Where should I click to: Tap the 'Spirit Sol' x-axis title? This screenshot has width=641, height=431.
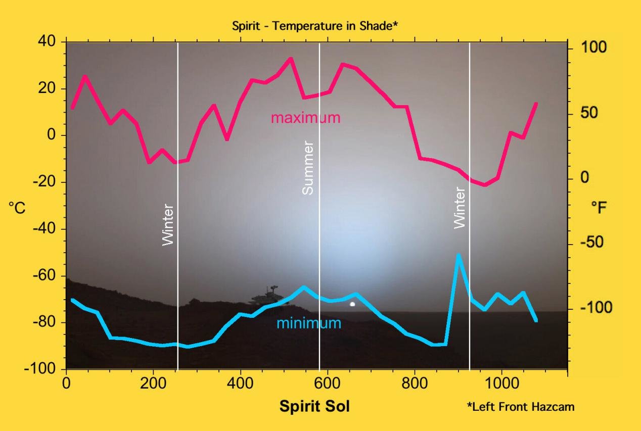pyautogui.click(x=314, y=405)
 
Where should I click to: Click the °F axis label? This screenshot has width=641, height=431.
pyautogui.click(x=599, y=207)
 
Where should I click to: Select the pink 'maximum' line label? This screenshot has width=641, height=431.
pyautogui.click(x=305, y=118)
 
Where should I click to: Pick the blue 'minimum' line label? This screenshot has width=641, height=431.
pyautogui.click(x=309, y=323)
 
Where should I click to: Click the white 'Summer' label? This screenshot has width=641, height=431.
pyautogui.click(x=308, y=168)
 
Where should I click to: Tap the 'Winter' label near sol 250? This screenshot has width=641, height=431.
pyautogui.click(x=167, y=225)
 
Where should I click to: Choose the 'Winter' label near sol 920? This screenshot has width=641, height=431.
pyautogui.click(x=459, y=208)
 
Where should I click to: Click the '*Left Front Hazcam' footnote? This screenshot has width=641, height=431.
pyautogui.click(x=520, y=406)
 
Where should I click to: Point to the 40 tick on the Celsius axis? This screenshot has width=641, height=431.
pyautogui.click(x=49, y=41)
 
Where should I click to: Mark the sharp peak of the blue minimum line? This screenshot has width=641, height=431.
pyautogui.click(x=458, y=256)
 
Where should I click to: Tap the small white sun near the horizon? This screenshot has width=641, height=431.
pyautogui.click(x=352, y=304)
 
